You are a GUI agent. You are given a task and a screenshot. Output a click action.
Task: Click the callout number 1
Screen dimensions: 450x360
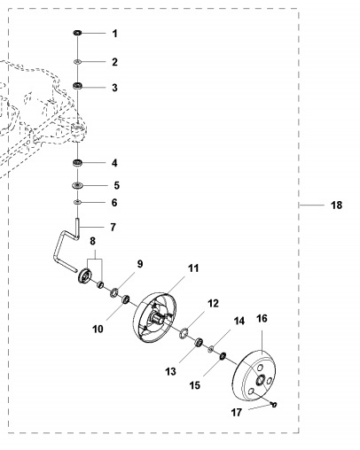click(x=113, y=34)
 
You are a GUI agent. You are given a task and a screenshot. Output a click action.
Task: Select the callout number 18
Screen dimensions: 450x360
click(x=335, y=205)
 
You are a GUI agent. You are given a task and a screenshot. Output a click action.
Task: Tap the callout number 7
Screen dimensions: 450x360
click(x=113, y=227)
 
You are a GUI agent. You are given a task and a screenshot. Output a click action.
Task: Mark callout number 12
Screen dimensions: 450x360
click(x=212, y=304)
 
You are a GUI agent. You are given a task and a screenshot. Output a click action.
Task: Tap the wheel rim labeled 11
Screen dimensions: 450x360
click(x=155, y=315)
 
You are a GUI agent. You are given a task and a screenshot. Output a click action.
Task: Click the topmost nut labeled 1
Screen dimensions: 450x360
click(x=78, y=34)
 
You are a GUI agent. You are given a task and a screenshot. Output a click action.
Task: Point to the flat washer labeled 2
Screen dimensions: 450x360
click(x=78, y=62)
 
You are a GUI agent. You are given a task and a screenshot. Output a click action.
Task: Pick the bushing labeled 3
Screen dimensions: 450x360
click(x=78, y=86)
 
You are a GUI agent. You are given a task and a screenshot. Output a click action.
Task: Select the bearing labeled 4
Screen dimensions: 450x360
click(x=78, y=163)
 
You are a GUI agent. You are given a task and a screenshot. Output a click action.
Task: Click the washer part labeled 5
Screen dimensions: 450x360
click(x=78, y=186)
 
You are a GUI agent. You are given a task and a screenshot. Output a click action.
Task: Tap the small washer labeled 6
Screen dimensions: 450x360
click(x=78, y=203)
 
